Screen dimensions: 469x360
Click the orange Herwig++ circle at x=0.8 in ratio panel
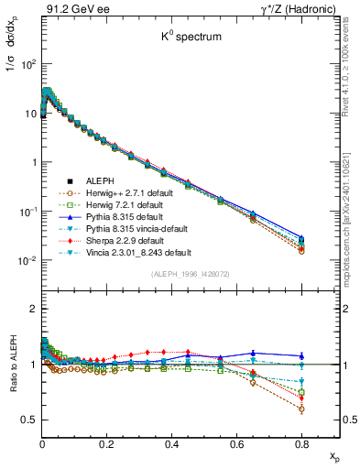[x=301, y=409]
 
